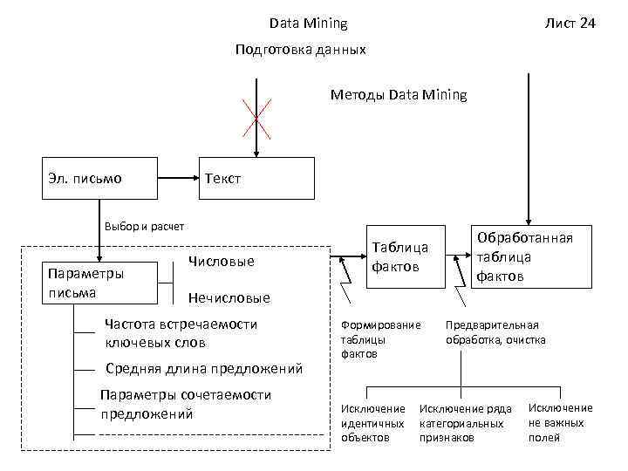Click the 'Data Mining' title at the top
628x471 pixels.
308,24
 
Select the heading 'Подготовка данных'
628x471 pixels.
301,50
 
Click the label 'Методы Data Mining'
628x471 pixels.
399,94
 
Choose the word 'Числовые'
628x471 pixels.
221,262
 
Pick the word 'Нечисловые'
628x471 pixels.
229,298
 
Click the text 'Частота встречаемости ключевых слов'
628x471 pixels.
181,332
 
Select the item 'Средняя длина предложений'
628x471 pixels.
203,366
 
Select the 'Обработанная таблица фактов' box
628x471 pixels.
523,256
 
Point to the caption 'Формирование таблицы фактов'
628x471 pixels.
380,338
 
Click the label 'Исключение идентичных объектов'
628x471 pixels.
373,422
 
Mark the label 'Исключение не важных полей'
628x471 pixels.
560,422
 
